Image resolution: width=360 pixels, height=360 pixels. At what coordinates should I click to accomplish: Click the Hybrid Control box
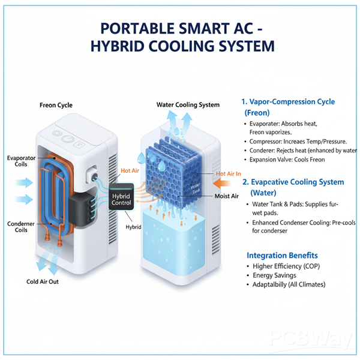pyautogui.click(x=125, y=199)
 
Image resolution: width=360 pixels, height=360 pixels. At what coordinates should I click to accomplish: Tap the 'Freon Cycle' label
pyautogui.click(x=56, y=106)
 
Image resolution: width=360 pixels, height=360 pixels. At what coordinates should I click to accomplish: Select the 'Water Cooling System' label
pyautogui.click(x=188, y=105)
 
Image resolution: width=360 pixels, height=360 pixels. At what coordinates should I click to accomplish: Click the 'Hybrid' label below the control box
pyautogui.click(x=133, y=227)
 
